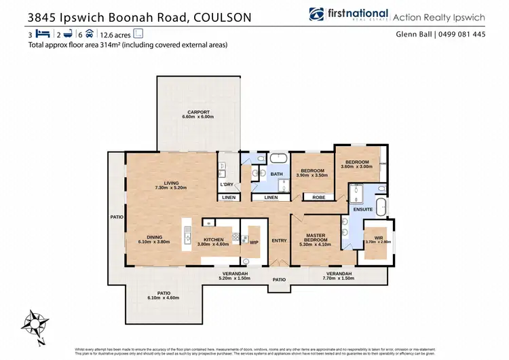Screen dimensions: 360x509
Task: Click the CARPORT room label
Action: (198, 112)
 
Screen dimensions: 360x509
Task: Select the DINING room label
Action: (155, 237)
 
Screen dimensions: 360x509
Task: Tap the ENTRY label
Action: (280, 240)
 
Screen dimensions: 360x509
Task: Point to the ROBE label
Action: (318, 197)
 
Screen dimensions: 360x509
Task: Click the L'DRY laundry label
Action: (227, 184)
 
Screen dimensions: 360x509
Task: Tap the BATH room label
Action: (277, 174)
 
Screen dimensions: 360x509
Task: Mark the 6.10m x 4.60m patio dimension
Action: (163, 297)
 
